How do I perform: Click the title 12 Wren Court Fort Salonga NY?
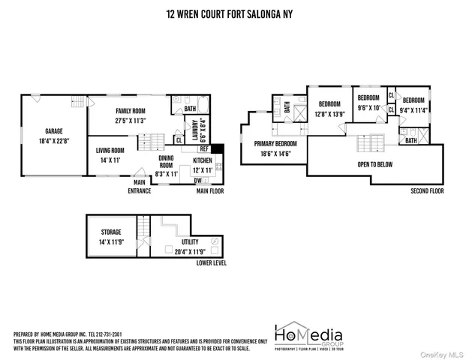click(x=233, y=13)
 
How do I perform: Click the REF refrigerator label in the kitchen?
click(x=203, y=148)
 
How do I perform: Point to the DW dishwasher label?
click(x=197, y=181)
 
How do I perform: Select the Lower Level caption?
click(x=211, y=263)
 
